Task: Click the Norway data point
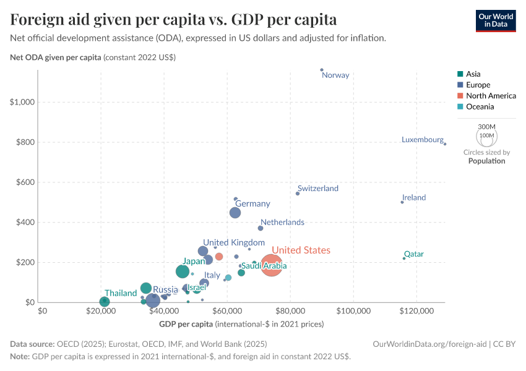coord(322,70)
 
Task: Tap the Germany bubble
coord(235,213)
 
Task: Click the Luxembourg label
coord(423,140)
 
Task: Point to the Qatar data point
coord(404,258)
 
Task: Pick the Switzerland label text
coord(318,189)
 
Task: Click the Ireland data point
coord(402,202)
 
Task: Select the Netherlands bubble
coord(261,228)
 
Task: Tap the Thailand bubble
coord(105,302)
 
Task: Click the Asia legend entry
coord(473,74)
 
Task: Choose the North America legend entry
coord(491,96)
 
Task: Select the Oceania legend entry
coord(480,107)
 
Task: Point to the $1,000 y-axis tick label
coord(22,102)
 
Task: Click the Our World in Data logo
coord(496,20)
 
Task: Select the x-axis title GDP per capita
coord(186,324)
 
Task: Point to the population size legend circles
coord(486,135)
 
